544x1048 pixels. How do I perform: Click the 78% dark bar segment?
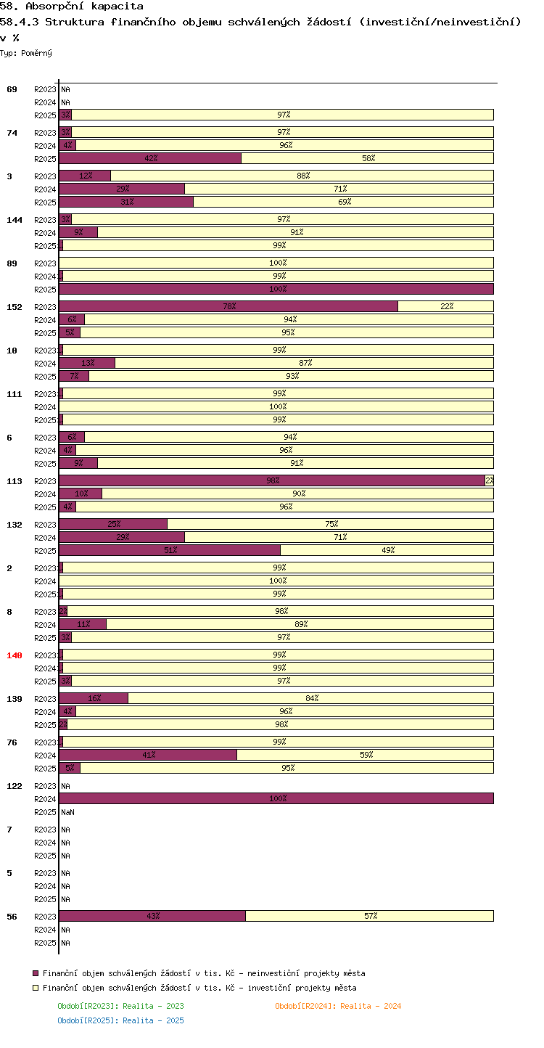[228, 306]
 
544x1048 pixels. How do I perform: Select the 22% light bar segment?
[446, 306]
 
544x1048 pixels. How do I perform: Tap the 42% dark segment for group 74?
[150, 159]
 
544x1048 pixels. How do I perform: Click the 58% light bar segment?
[367, 159]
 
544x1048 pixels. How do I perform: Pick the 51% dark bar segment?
[170, 550]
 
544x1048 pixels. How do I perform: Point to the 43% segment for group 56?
[152, 916]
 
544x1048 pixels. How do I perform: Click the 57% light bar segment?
[369, 916]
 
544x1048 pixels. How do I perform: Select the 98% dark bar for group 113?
[272, 480]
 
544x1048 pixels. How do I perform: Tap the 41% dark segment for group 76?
[148, 755]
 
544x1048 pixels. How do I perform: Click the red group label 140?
[14, 655]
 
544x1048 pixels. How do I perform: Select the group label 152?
[14, 308]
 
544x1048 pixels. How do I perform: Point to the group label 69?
[12, 89]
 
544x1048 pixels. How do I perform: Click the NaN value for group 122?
[68, 812]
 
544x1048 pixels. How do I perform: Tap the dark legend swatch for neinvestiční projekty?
[36, 974]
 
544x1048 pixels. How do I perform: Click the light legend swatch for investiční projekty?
[36, 988]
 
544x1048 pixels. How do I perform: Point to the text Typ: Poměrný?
[26, 53]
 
